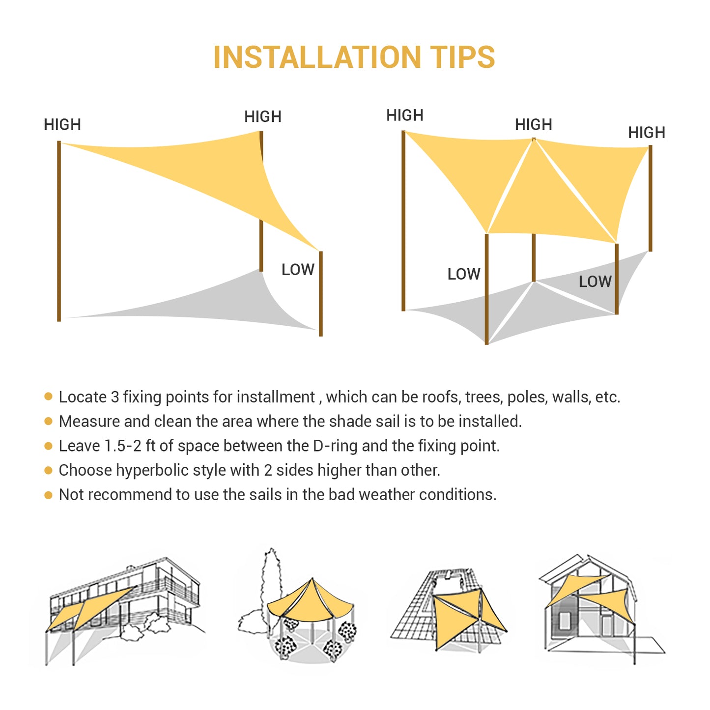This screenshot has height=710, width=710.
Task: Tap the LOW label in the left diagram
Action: click(x=298, y=270)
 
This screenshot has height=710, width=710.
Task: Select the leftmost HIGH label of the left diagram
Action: click(x=62, y=124)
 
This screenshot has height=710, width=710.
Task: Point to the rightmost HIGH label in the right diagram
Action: click(x=647, y=133)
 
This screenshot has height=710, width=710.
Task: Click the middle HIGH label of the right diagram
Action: click(x=534, y=124)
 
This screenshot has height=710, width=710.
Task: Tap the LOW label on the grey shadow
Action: click(x=595, y=282)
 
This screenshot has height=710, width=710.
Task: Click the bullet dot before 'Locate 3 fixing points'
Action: click(x=48, y=397)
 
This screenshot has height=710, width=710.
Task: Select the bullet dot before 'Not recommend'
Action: click(x=48, y=495)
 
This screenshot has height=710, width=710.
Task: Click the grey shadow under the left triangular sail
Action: click(x=192, y=305)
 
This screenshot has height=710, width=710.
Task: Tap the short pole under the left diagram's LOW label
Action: click(x=320, y=294)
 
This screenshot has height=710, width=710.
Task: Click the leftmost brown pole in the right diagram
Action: click(x=403, y=221)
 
